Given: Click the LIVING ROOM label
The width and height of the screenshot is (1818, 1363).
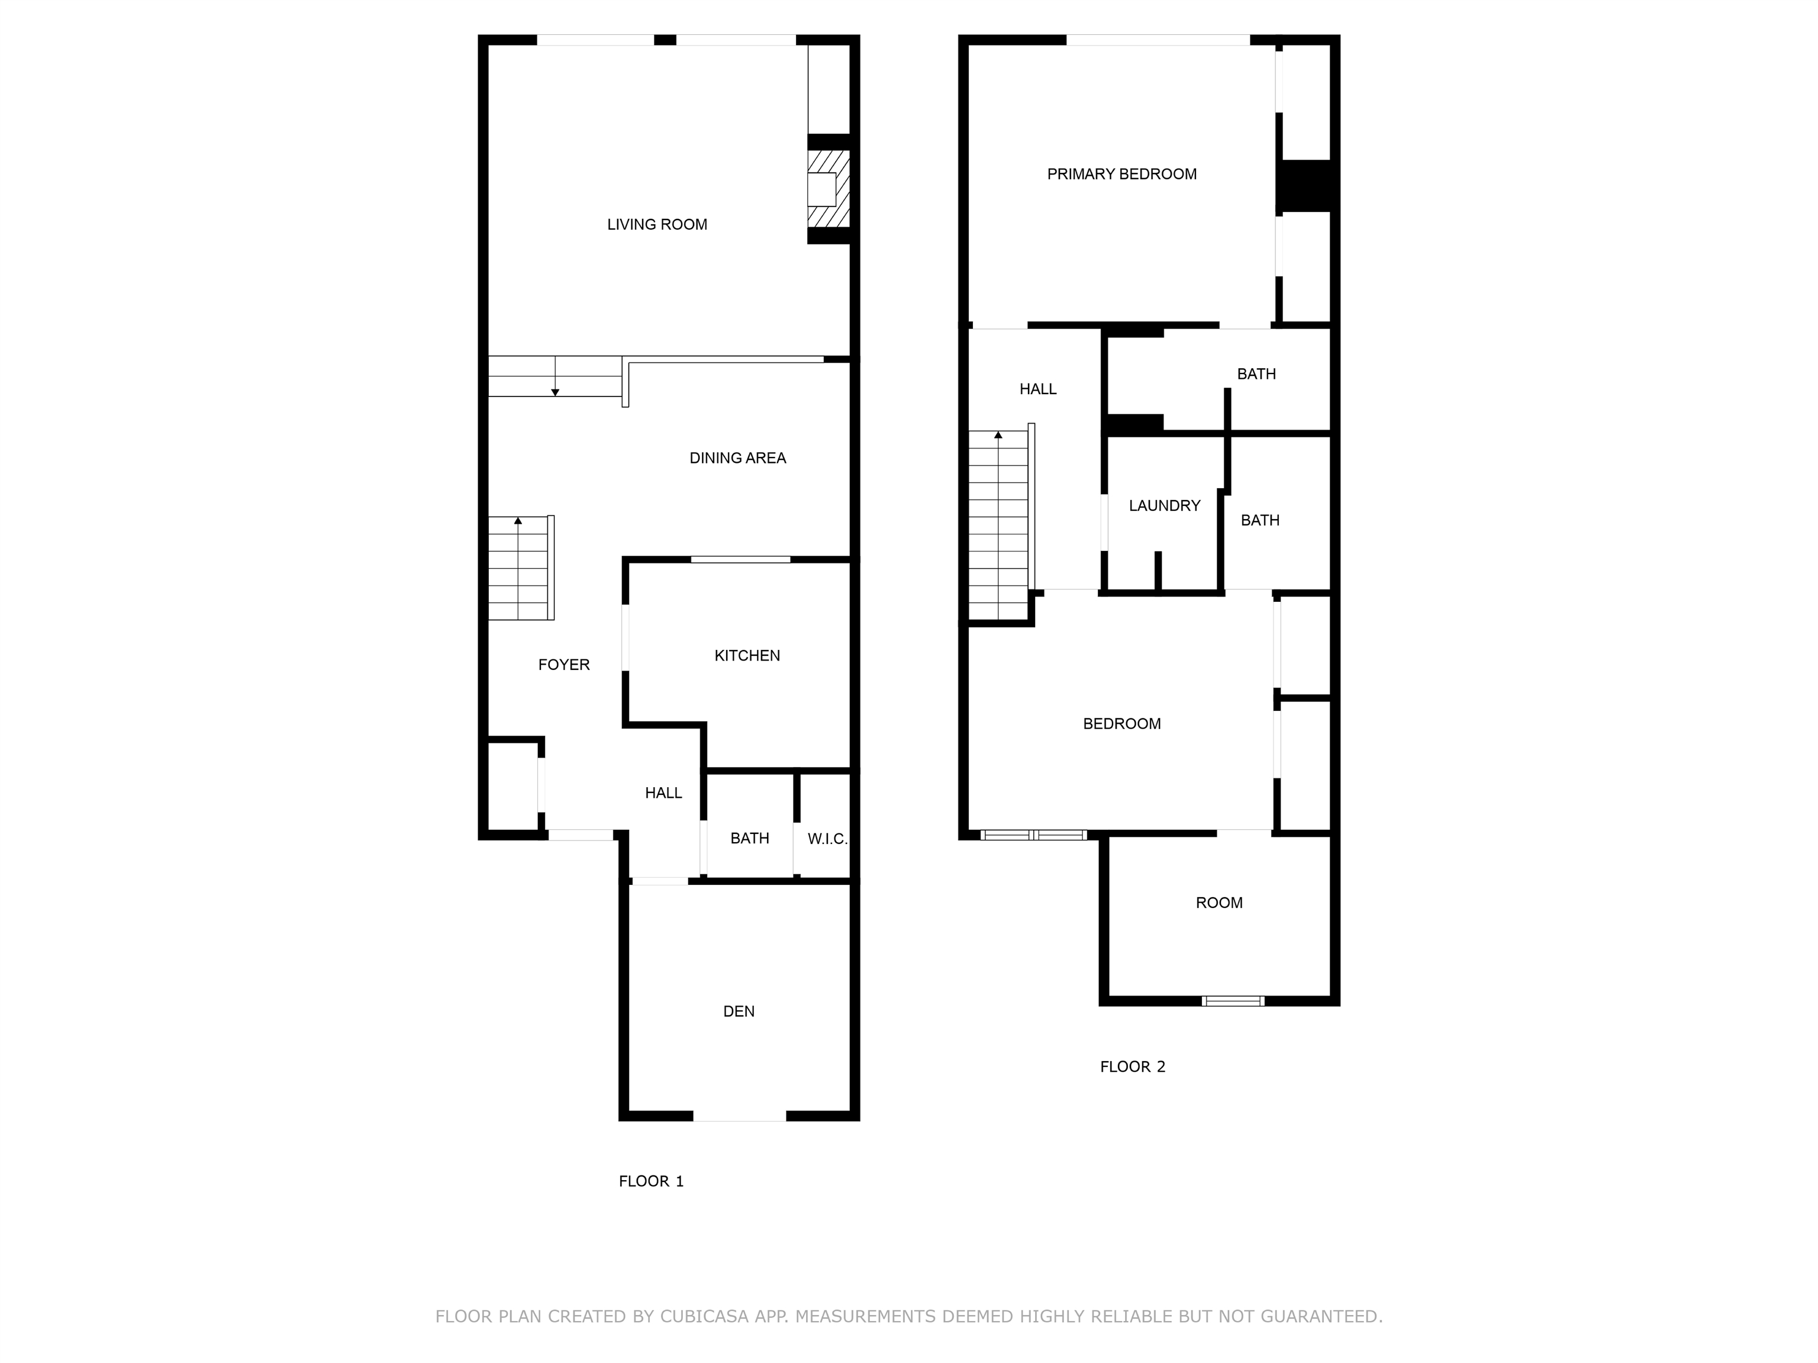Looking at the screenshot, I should pos(657,224).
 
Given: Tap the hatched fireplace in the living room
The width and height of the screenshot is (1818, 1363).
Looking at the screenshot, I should pos(828,189).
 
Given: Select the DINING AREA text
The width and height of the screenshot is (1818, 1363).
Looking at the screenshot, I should pos(737,458).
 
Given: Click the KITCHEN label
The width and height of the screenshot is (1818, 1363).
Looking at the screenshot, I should pos(746,655).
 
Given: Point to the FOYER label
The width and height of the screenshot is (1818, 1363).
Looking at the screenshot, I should pos(564,664).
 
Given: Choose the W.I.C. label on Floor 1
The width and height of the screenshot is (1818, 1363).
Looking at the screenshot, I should pos(827,839).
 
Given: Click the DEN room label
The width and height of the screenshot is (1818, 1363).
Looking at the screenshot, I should pos(738,1011).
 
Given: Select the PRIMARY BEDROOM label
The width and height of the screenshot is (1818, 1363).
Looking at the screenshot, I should pos(1121,173).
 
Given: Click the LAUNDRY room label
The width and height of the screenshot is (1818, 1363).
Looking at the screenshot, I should pos(1164,505).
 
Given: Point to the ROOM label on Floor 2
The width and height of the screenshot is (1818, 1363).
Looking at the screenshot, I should pos(1218,903).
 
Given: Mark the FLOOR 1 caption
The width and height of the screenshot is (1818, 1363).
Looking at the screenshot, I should pos(651,1181).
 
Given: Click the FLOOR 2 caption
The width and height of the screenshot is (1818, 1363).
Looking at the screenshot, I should pos(1132,1066).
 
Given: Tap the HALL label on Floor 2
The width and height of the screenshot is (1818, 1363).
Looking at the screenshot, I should pos(1037,389).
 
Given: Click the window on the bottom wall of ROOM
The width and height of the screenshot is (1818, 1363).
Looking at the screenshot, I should pos(1232,1000).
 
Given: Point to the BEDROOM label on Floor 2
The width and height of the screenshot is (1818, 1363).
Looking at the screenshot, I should pos(1121,723).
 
